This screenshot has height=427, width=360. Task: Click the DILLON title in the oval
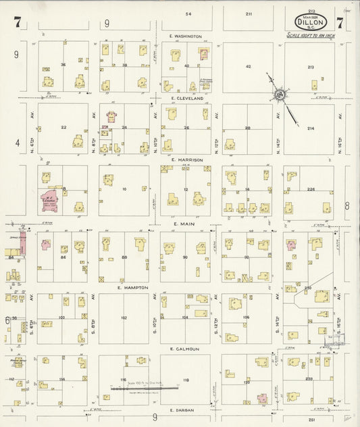point(311,21)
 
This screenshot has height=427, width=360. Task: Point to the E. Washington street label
point(186,36)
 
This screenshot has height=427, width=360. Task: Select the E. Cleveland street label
point(187,98)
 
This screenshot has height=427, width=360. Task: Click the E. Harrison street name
point(186,160)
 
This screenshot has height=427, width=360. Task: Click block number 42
point(248,66)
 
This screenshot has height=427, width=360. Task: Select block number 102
point(124,317)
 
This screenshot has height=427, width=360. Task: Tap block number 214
point(311,128)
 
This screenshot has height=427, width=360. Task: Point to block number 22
point(63,128)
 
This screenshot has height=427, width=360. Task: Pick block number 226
point(311,189)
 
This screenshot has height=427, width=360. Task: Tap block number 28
point(247,128)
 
